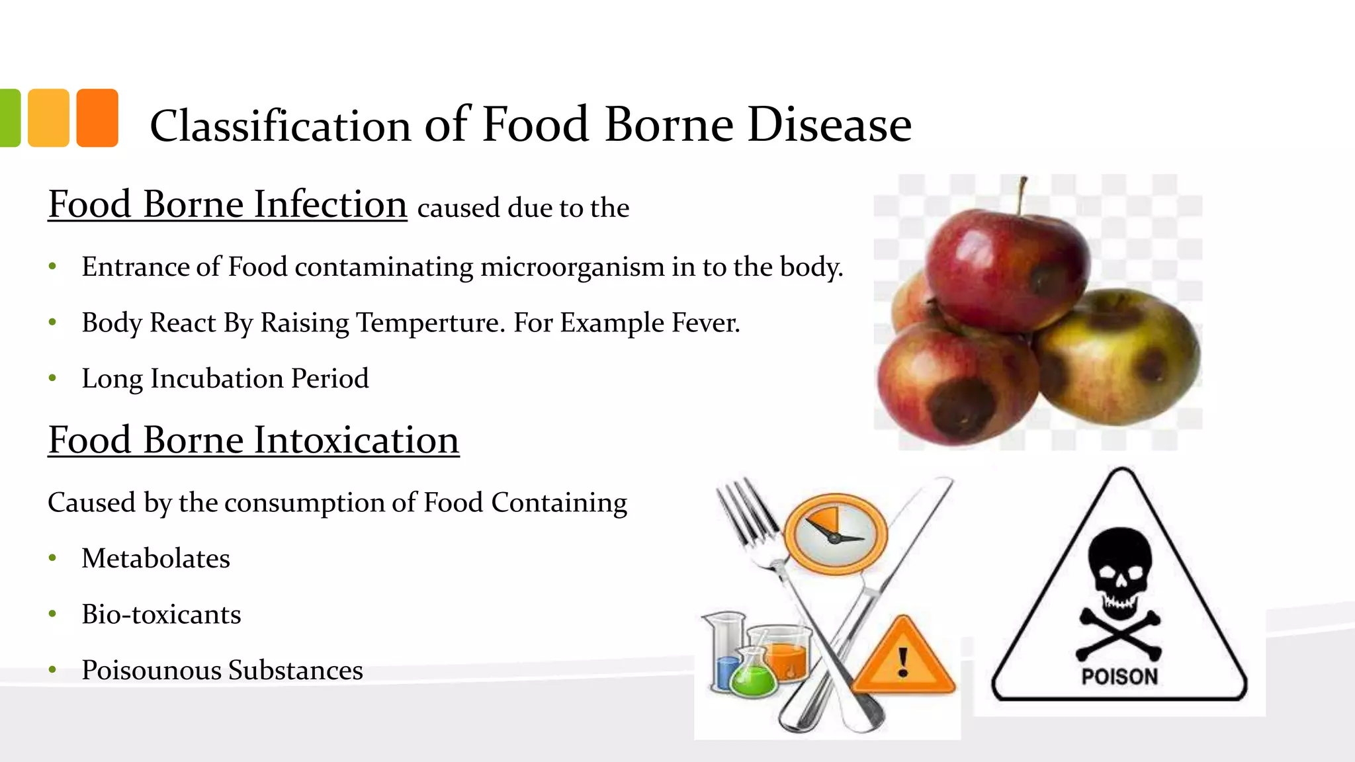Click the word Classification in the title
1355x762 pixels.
click(281, 126)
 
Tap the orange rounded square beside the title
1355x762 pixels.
click(97, 118)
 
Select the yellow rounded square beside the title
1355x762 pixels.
click(49, 118)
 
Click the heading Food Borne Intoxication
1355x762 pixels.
click(253, 440)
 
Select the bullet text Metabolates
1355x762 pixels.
click(155, 558)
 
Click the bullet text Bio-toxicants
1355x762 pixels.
click(161, 614)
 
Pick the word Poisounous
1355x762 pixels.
click(150, 670)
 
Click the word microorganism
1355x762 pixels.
click(572, 267)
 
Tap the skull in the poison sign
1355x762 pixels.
click(1119, 569)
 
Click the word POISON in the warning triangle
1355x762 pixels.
click(1119, 677)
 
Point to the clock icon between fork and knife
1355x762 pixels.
click(835, 533)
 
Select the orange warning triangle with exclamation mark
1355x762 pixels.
click(903, 659)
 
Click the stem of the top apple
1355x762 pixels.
click(1022, 195)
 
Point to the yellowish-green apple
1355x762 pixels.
click(1118, 357)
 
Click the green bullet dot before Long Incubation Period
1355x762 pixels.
click(53, 378)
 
